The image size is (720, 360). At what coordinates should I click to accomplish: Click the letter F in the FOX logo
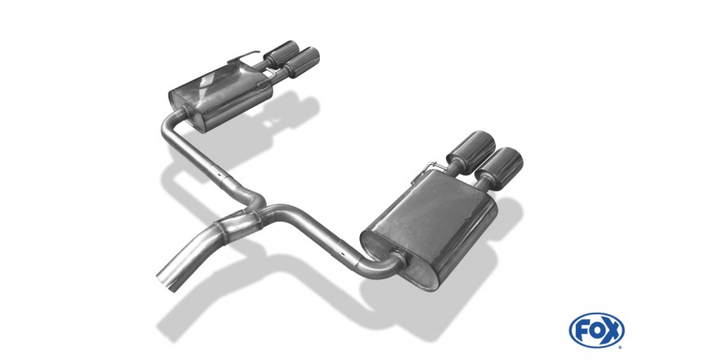[x=582, y=330]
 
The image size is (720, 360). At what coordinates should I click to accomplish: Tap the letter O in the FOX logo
[x=596, y=330]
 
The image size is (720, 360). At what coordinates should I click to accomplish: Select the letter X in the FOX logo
[x=612, y=330]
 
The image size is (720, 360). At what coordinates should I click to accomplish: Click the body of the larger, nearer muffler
[x=429, y=230]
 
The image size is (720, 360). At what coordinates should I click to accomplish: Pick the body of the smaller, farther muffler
[x=220, y=96]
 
